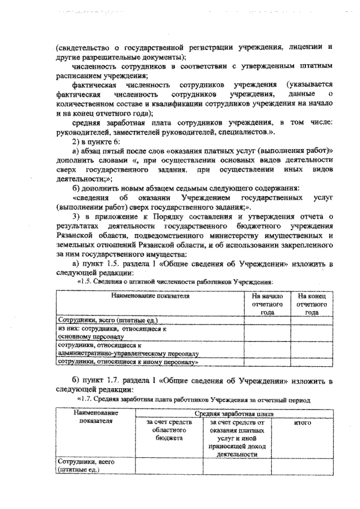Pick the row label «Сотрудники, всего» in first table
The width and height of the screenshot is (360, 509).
[101, 319]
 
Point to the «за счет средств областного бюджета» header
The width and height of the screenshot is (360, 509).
[169, 429]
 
